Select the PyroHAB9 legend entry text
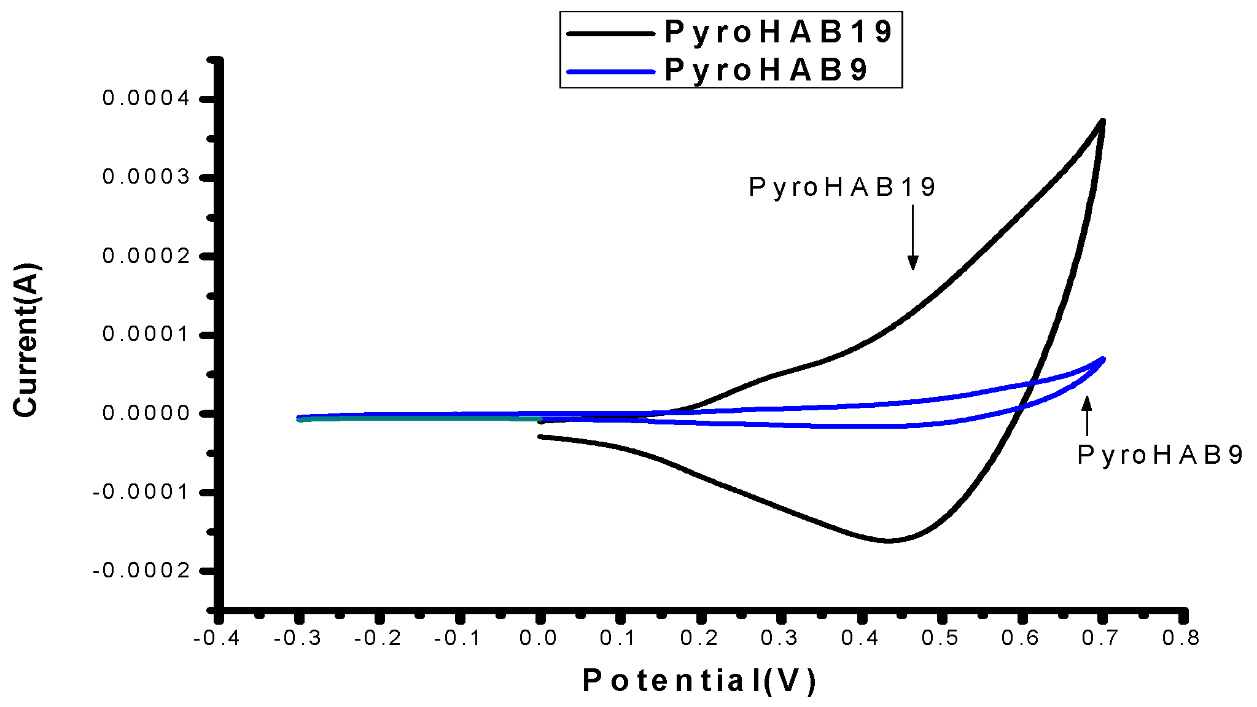[x=766, y=70]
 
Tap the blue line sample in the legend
[x=610, y=72]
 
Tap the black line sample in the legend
[x=610, y=34]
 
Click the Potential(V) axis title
[x=699, y=681]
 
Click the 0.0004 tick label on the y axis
[x=146, y=98]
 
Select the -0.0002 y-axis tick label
[x=141, y=571]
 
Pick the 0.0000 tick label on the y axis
[x=146, y=413]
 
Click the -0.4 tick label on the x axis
[x=216, y=638]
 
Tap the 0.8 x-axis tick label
[x=1180, y=638]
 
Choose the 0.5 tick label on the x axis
[x=940, y=638]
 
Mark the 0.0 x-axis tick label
[x=538, y=638]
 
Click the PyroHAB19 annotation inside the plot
[x=842, y=187]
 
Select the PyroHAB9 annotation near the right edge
[x=1160, y=455]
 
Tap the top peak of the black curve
[x=1103, y=122]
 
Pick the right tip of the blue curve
[x=1103, y=359]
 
